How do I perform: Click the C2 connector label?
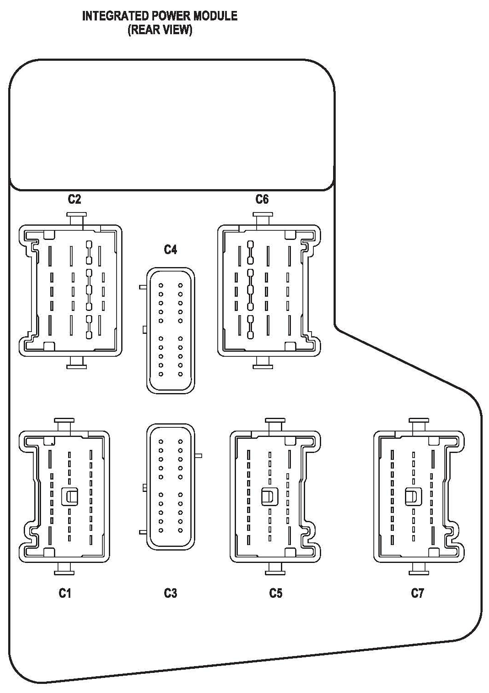click(x=74, y=199)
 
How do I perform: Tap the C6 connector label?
click(x=262, y=199)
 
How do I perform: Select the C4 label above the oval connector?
click(x=170, y=250)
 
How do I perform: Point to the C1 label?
click(x=65, y=593)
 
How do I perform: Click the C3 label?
click(x=170, y=593)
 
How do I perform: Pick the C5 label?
click(x=276, y=593)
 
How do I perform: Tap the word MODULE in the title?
click(x=215, y=16)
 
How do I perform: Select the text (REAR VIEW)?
click(x=160, y=30)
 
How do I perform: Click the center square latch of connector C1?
click(x=69, y=497)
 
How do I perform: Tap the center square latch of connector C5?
click(x=270, y=497)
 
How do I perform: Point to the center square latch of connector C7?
click(x=413, y=497)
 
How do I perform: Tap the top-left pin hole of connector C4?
click(x=161, y=285)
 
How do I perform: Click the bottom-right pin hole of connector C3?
click(x=180, y=530)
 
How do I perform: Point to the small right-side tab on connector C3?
click(x=198, y=456)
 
